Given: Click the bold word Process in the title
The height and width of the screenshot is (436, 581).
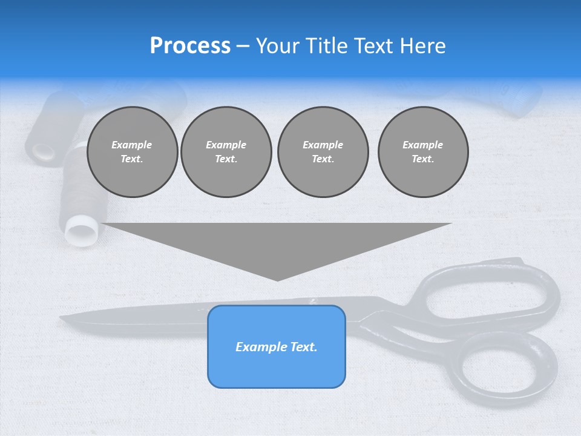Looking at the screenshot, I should (190, 46).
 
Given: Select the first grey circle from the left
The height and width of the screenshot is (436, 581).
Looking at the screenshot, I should (132, 152).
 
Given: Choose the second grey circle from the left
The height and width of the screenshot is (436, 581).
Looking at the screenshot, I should (226, 152).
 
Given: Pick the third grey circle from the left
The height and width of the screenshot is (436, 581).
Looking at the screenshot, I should (323, 152).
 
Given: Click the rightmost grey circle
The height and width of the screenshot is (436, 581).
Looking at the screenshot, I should (422, 152).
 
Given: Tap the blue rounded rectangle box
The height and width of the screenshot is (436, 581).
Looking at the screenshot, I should (277, 346).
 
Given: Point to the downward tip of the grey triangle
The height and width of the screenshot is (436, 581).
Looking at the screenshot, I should (277, 279).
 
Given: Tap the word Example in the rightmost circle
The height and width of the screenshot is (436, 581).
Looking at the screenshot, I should (422, 145).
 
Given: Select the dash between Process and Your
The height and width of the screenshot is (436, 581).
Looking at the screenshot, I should (243, 47).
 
